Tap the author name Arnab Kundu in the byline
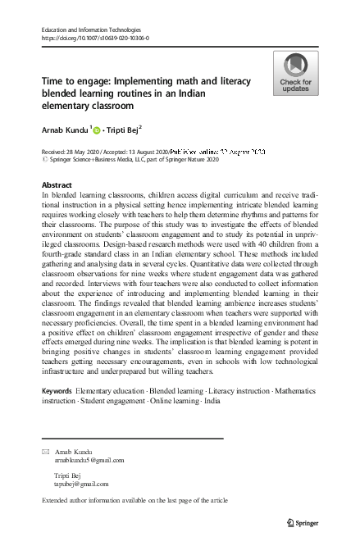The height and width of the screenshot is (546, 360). coord(64,129)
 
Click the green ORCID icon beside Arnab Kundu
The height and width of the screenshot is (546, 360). coord(97,130)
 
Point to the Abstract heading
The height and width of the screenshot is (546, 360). coord(56,185)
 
